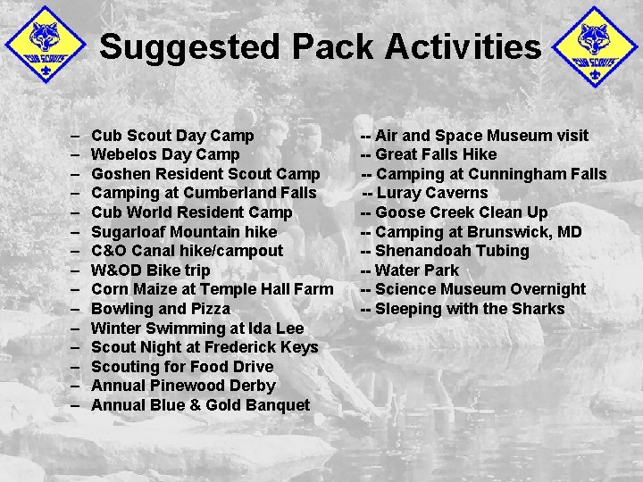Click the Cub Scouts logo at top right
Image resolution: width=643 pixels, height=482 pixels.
[596, 46]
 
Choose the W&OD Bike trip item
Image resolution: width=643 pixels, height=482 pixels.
[151, 270]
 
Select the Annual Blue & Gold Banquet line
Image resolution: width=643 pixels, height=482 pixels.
[200, 405]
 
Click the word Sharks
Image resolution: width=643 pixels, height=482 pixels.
[537, 309]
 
